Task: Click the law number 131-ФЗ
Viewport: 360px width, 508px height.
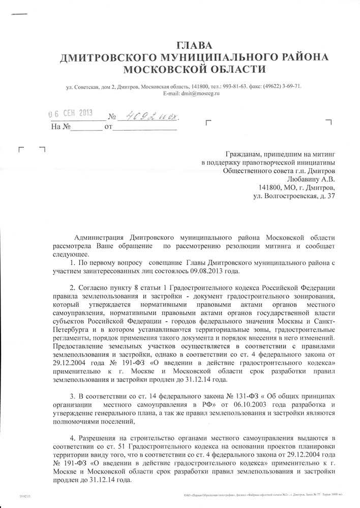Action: click(x=217, y=396)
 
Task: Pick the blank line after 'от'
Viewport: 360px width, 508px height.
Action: click(x=144, y=127)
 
